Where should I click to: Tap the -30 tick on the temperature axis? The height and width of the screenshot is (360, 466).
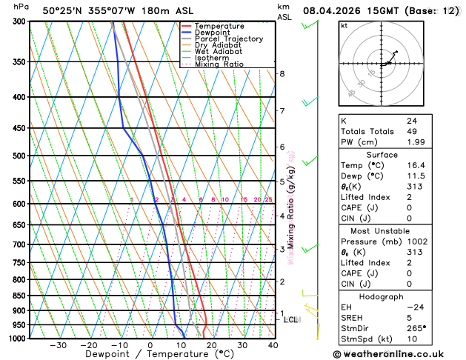click(x=58, y=345)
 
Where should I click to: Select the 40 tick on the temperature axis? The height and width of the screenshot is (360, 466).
click(x=273, y=345)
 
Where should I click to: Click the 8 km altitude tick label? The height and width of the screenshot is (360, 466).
click(x=282, y=74)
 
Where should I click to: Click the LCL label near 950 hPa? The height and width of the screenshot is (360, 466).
click(x=291, y=320)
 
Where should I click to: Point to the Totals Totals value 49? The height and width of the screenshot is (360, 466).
click(x=411, y=131)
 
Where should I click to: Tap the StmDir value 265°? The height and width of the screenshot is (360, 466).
click(x=416, y=328)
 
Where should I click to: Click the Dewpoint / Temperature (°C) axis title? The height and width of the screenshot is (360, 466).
click(x=150, y=355)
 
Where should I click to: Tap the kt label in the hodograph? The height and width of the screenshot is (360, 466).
click(x=344, y=25)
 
